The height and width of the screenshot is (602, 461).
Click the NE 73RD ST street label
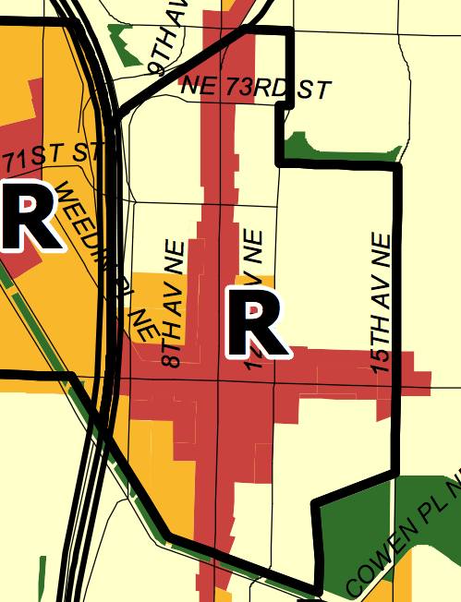pos(255,89)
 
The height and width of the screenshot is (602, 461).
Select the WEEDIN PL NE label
pos(103,258)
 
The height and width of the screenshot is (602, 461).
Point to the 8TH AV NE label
pos(175,304)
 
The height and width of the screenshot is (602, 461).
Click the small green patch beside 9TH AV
pos(119,37)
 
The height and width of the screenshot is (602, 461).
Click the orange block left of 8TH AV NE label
pos(152,305)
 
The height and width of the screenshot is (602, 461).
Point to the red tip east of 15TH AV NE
pos(416,380)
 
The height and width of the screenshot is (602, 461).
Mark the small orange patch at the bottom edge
pos(223,594)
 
